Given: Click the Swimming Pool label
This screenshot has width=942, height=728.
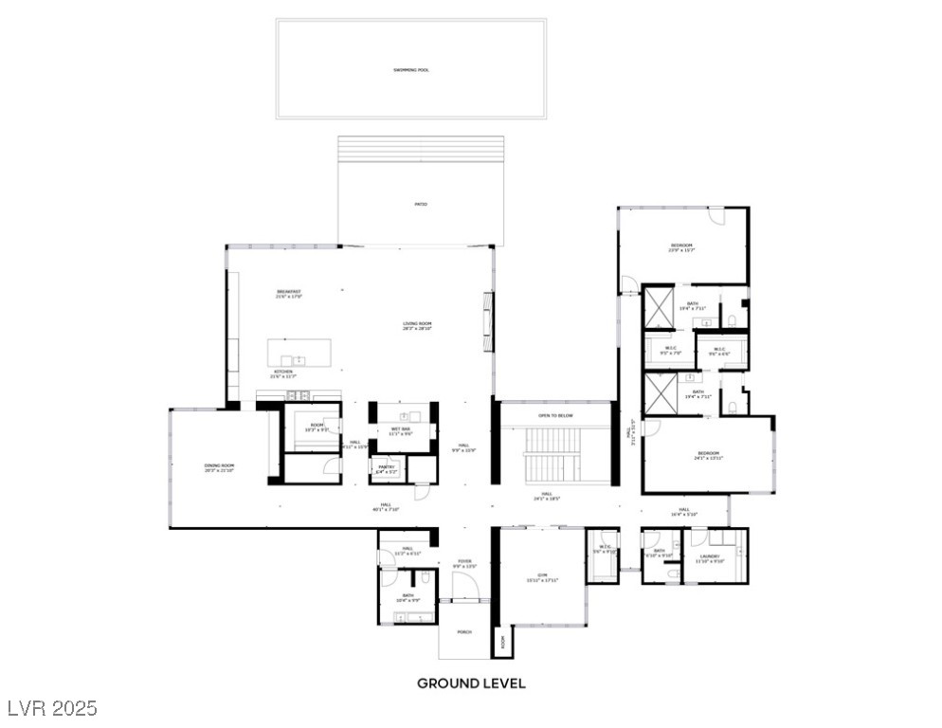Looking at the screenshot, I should coord(411,70).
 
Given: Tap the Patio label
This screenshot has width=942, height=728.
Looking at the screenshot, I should coord(420,204).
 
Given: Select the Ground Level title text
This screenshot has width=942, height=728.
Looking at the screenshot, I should coord(471,682).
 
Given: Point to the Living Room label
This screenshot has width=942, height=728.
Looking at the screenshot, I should coord(417,325).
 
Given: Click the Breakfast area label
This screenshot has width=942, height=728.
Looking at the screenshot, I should coord(288,293).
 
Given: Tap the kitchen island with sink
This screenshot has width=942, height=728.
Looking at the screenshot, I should coord(299,354).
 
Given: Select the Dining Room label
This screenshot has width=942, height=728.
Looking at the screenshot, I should coord(219,468).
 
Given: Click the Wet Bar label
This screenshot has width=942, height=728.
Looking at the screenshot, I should coord(400,431).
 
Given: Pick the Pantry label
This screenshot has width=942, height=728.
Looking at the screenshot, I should coord(386,468).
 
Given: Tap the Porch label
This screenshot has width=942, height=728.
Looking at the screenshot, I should coord(464,631).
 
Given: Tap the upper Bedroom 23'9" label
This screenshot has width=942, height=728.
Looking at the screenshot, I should coord(681,247).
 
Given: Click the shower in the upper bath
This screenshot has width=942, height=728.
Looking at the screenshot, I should coord(658,308).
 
